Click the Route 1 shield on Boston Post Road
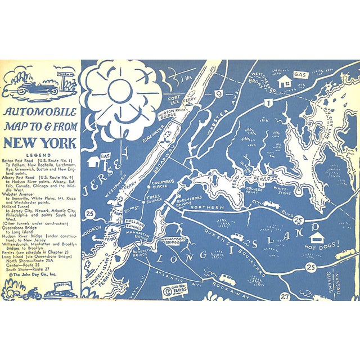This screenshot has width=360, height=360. pos(269,103)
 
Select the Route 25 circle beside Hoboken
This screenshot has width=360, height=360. pos(90,213)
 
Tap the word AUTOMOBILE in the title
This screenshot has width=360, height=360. pos(40,112)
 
